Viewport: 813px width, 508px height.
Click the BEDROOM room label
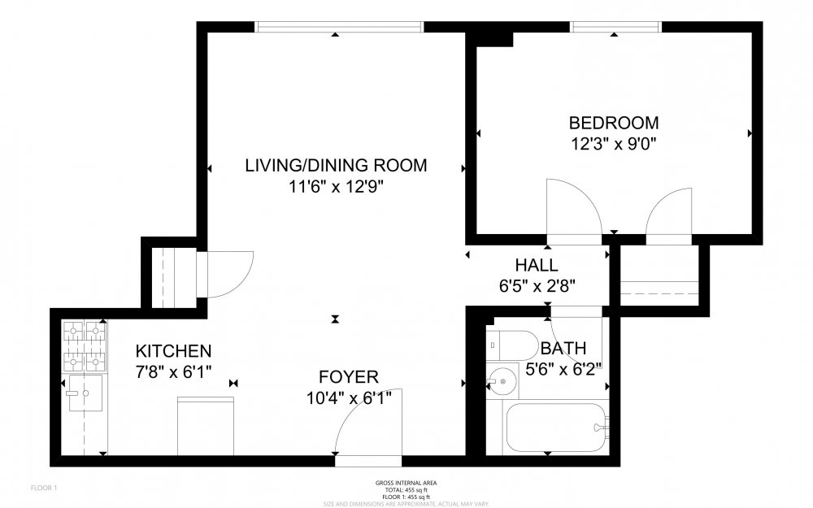(x=613, y=124)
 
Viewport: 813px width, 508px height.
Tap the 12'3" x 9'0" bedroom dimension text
(x=613, y=145)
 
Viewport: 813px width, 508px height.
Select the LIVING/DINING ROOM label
(x=336, y=166)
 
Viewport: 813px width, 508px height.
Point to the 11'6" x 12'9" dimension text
(x=336, y=187)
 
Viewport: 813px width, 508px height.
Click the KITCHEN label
(x=173, y=351)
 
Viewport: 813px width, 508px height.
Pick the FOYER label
(x=348, y=376)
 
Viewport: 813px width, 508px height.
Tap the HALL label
(x=537, y=265)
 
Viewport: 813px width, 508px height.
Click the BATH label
(x=563, y=349)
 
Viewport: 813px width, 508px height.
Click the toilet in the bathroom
(x=508, y=345)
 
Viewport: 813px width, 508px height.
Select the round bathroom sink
(x=502, y=380)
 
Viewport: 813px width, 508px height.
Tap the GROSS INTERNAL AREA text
(x=406, y=483)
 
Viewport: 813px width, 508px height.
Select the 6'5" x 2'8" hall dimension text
(x=537, y=285)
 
